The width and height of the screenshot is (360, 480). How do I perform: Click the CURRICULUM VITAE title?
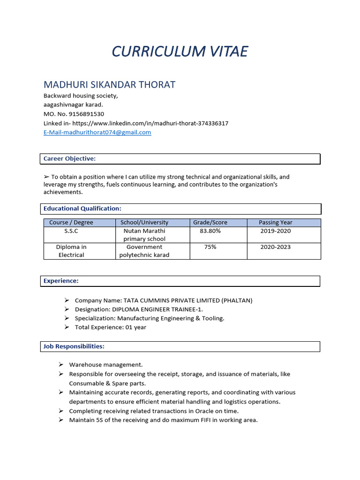pos(180,51)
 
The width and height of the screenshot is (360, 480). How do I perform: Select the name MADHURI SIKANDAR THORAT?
pos(109,85)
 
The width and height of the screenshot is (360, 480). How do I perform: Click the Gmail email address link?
pos(97,132)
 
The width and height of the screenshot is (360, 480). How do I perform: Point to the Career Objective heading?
pos(69,159)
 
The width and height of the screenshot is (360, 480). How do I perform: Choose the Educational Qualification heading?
pos(82,209)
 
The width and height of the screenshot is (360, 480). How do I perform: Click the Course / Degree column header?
pos(71,223)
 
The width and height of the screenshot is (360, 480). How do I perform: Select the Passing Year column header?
pos(275,223)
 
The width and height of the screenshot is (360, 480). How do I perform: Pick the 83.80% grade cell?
pos(210,231)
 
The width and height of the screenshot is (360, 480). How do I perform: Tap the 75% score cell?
pos(210,247)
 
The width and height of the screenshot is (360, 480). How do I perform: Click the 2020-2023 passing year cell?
pos(275,247)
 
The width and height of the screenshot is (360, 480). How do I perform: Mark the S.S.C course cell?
pos(71,231)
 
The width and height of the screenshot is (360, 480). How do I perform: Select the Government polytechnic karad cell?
pos(144,251)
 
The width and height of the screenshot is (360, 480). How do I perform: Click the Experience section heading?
pos(61,281)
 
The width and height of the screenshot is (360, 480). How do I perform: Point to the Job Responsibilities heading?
pos(74,346)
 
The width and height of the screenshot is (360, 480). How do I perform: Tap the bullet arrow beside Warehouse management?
pos(61,364)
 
